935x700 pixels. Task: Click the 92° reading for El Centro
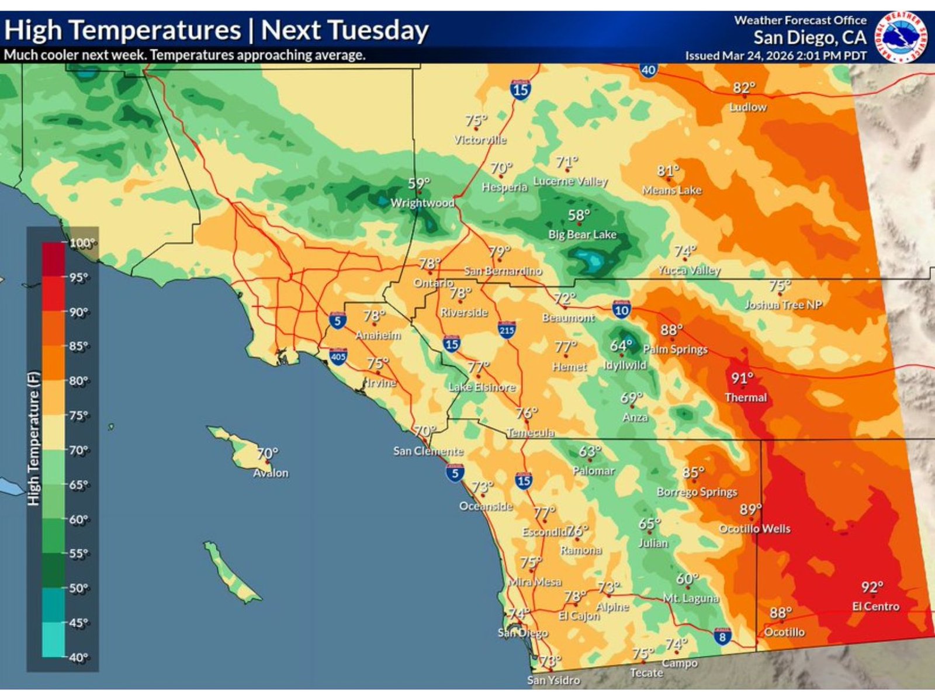click(872, 587)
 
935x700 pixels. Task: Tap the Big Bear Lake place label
click(582, 234)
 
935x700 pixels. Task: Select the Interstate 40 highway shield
click(648, 70)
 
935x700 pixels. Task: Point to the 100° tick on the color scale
click(81, 242)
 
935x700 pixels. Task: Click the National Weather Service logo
click(901, 37)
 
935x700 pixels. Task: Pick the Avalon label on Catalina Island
click(271, 473)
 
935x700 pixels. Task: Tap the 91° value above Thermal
click(742, 379)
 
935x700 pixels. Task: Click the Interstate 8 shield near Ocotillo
click(722, 636)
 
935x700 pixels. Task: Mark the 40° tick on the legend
click(78, 657)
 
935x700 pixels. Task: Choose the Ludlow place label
click(748, 107)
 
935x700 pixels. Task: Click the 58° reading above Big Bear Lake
click(579, 216)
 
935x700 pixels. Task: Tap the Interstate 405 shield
click(338, 356)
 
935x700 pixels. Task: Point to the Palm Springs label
click(675, 349)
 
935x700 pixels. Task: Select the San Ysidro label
click(553, 680)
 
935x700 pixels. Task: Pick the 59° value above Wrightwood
click(418, 183)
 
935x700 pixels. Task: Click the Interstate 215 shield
click(507, 330)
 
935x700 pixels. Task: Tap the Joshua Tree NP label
click(782, 304)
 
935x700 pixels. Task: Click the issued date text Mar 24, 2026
click(758, 56)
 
